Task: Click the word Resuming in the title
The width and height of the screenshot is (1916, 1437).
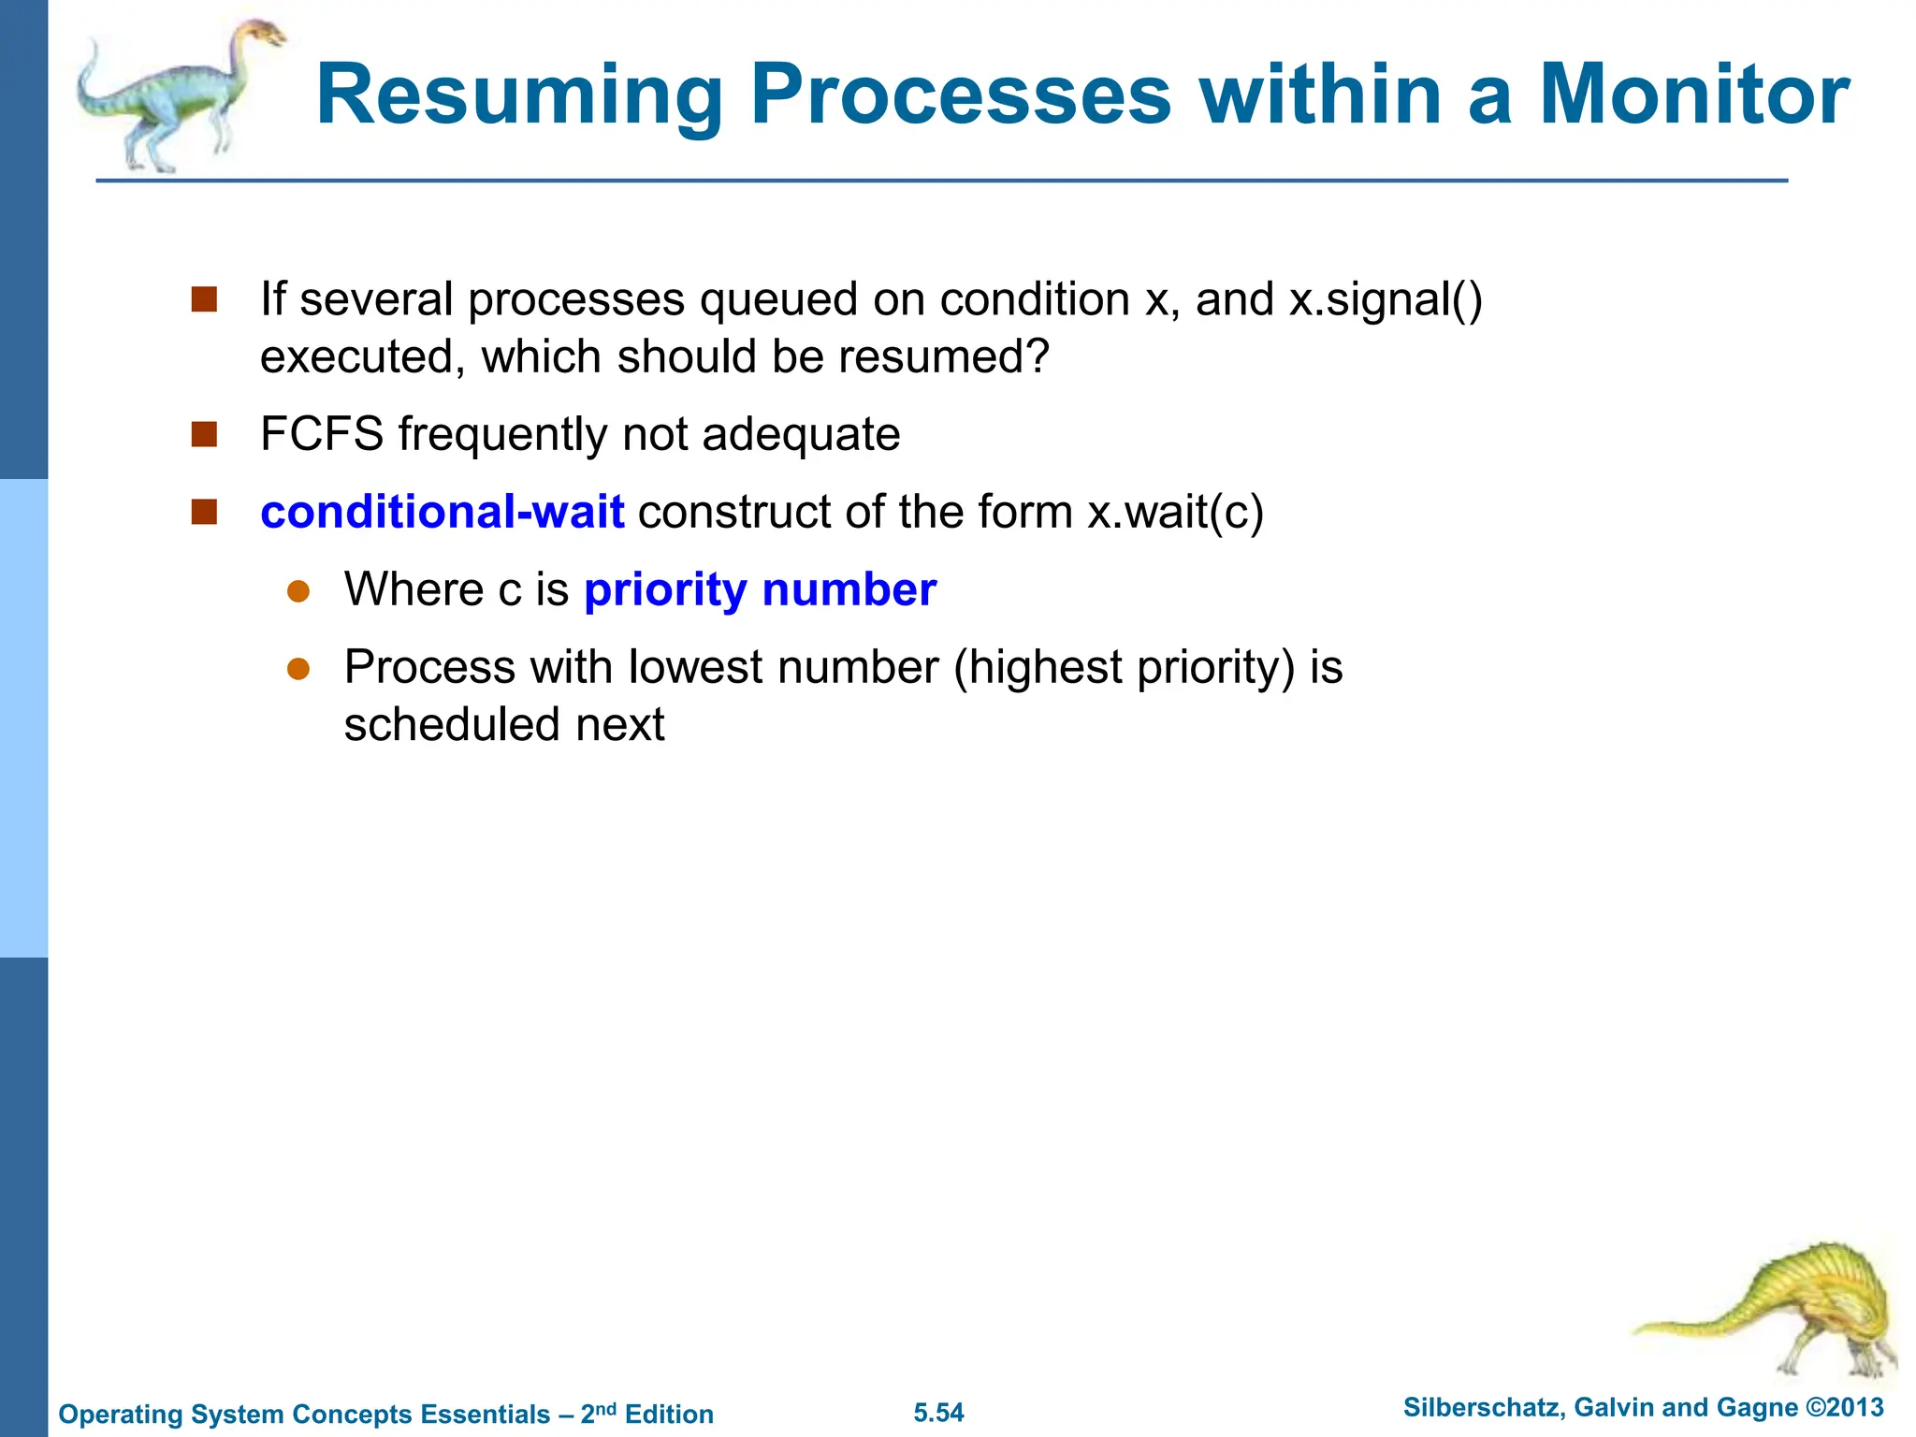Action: click(x=519, y=95)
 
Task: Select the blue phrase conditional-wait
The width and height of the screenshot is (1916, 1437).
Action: click(x=442, y=513)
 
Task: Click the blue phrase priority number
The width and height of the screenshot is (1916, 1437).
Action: click(x=760, y=590)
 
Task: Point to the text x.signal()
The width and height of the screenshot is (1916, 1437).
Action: click(x=1386, y=300)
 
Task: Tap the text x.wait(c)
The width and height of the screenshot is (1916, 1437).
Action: click(x=1175, y=513)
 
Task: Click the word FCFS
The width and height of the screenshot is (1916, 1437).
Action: click(x=322, y=435)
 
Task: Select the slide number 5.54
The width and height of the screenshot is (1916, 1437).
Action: click(x=938, y=1413)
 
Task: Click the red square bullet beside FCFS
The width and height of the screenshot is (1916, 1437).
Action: click(x=204, y=434)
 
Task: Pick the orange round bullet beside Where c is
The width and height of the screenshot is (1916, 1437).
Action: click(x=298, y=591)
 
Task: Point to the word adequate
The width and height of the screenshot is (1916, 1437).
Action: click(x=800, y=435)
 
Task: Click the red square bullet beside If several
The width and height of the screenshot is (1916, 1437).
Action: click(x=204, y=299)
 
